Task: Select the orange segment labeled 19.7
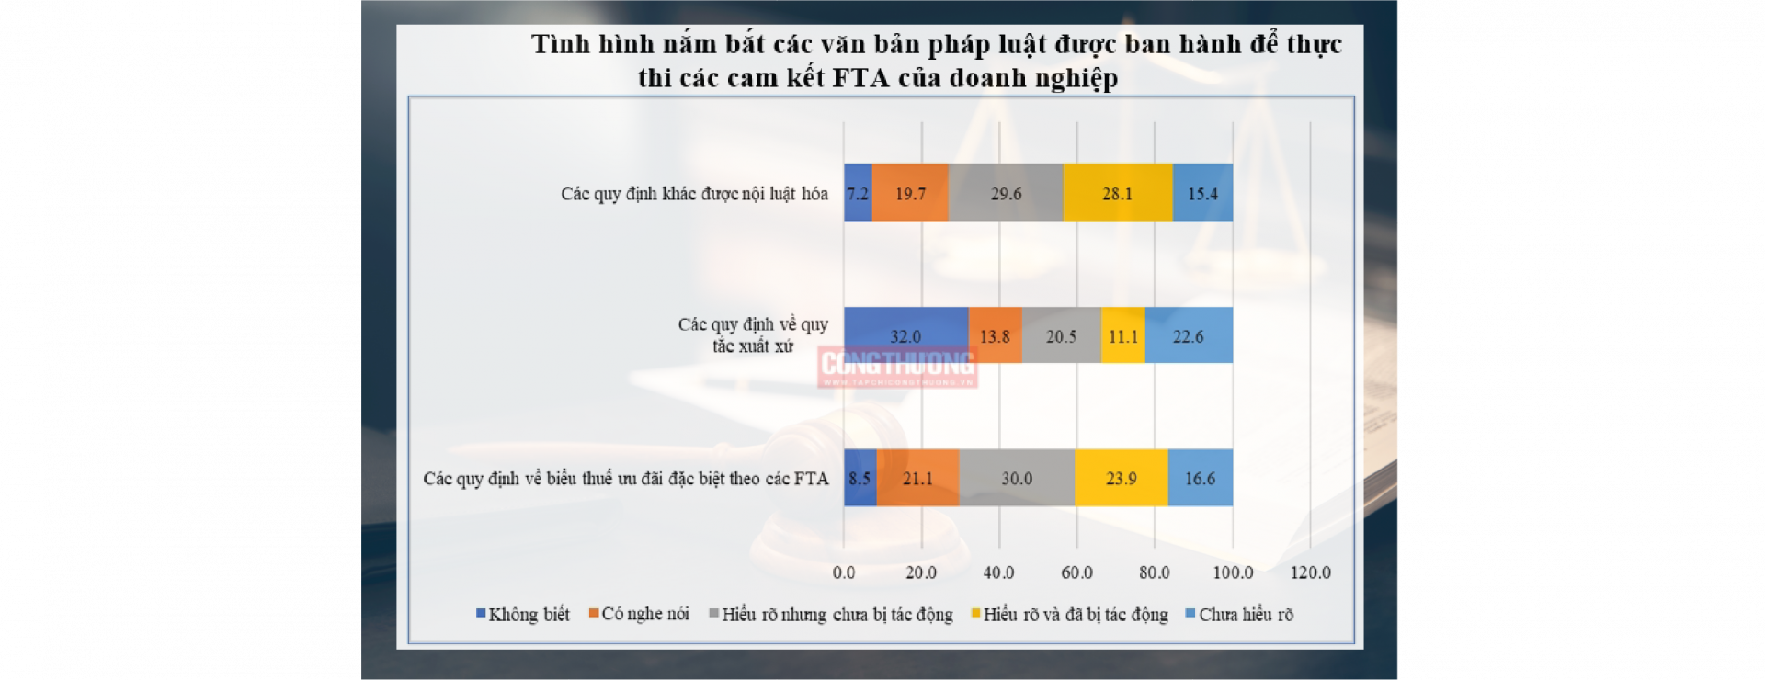point(910,193)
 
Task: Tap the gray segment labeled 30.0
point(1017,478)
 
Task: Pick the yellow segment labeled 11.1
point(1122,335)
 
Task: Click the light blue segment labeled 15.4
point(1202,193)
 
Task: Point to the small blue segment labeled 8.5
point(860,478)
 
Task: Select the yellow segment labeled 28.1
point(1117,193)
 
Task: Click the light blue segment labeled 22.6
point(1188,335)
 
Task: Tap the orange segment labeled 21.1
point(917,478)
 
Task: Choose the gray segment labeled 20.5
point(1061,335)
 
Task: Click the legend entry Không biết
point(523,614)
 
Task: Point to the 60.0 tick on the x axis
point(1076,572)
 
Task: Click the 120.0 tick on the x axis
point(1310,572)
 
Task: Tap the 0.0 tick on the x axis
point(844,572)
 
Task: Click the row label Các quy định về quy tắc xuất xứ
point(753,335)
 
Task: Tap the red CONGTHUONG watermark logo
point(897,367)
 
